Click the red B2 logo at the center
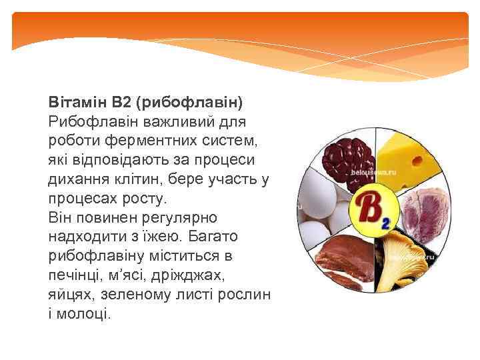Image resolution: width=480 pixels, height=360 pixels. point(370,210)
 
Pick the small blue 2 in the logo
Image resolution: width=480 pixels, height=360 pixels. point(385,223)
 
